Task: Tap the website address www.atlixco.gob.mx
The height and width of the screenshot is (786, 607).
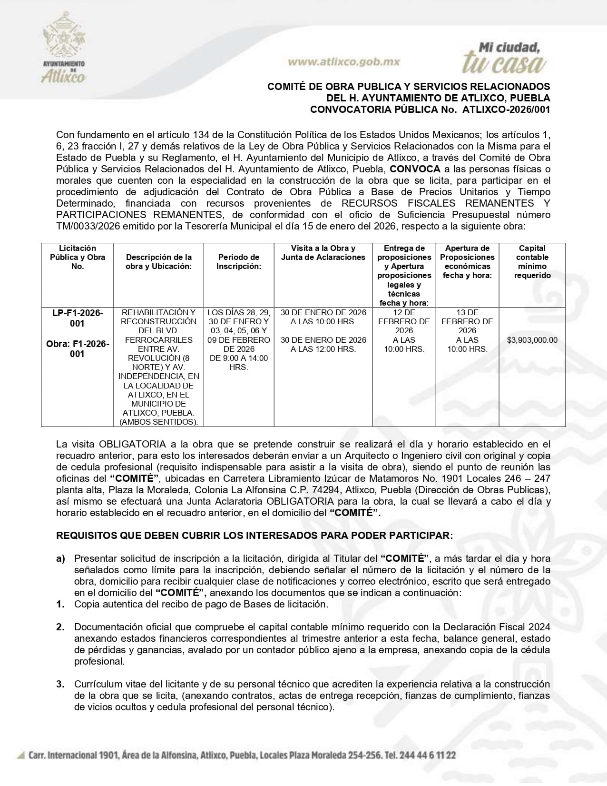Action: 344,62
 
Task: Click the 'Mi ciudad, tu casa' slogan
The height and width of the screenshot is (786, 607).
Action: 504,58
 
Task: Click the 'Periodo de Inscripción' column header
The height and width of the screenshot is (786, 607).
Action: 239,262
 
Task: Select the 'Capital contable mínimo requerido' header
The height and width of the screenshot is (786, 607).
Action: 532,262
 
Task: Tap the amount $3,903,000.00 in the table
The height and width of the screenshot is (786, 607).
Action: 532,340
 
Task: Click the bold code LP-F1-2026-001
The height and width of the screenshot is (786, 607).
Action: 78,318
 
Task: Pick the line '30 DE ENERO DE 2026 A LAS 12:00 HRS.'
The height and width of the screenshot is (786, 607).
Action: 323,344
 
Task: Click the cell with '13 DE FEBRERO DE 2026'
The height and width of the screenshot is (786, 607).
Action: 467,321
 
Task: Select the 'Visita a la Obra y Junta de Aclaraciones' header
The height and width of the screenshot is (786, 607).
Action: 323,253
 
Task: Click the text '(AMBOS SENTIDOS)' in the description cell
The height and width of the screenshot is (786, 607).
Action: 158,422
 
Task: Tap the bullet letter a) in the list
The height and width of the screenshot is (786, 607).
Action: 60,558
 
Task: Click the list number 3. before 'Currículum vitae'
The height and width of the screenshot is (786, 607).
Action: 60,684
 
